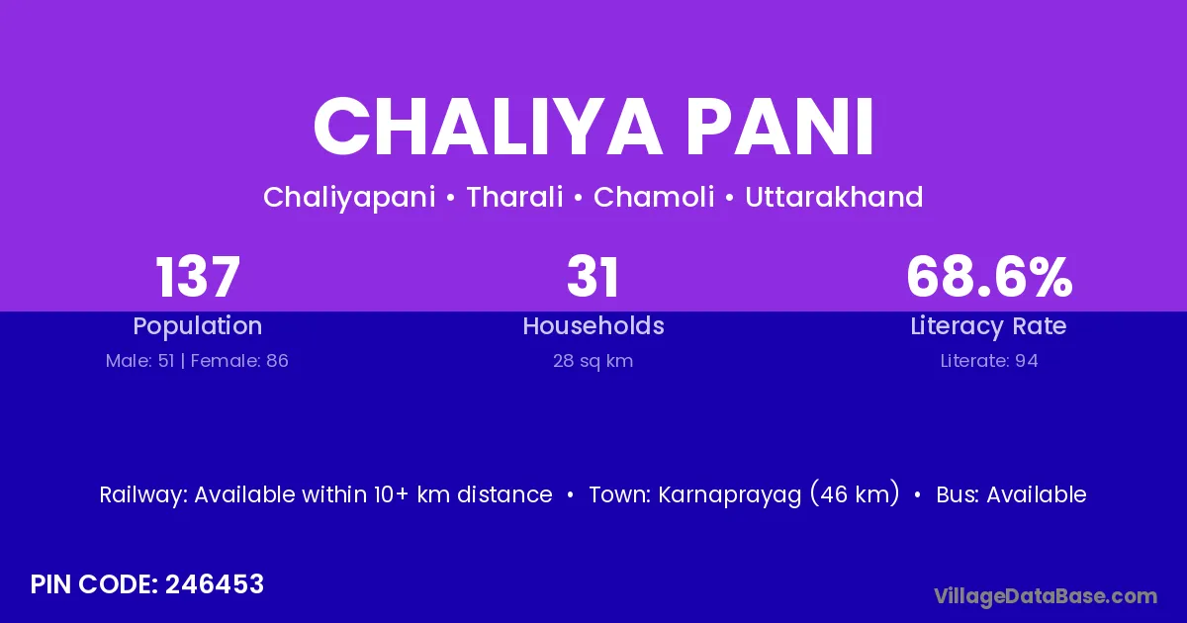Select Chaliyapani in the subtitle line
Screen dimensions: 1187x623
350,198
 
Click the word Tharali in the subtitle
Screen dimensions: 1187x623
514,197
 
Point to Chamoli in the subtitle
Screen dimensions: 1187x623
654,197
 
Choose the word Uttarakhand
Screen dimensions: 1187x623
834,197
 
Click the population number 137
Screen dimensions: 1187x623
198,277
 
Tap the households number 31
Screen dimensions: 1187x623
593,277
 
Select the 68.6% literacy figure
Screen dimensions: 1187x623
989,277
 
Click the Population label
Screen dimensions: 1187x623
198,326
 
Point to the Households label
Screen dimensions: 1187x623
593,325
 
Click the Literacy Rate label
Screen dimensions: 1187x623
989,326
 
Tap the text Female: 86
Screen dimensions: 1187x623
239,361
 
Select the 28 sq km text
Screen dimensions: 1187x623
593,361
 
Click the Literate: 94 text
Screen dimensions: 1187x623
989,361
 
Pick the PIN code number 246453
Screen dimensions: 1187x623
215,584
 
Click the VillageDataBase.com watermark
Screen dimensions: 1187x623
1046,596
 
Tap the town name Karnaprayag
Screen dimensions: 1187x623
730,495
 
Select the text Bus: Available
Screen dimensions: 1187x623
1012,494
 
